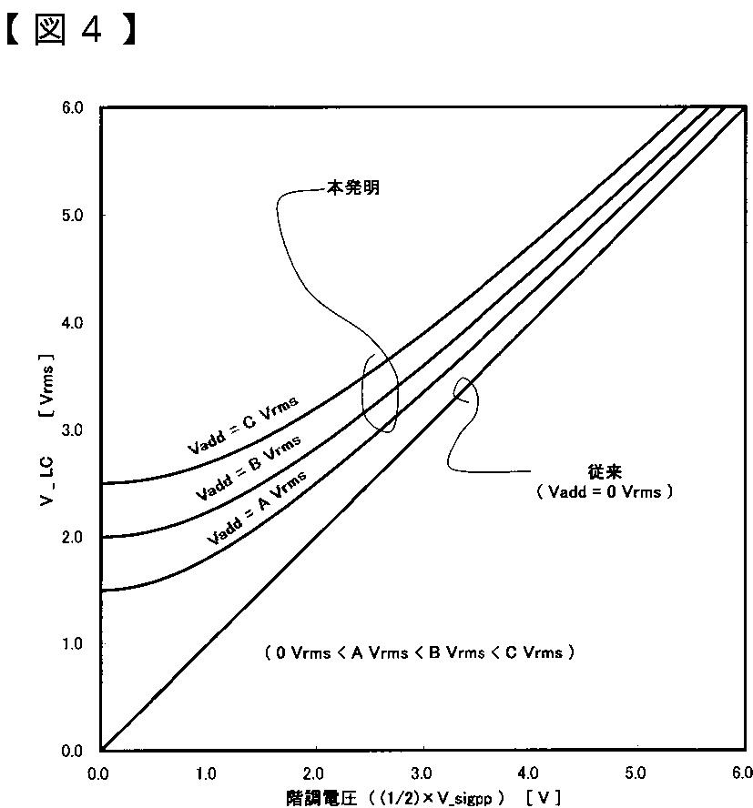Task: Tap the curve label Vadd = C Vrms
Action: pyautogui.click(x=242, y=425)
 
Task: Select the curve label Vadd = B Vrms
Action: pyautogui.click(x=248, y=468)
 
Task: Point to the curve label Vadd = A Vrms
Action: pyautogui.click(x=257, y=508)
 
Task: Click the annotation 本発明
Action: pyautogui.click(x=353, y=187)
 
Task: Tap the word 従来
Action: pyautogui.click(x=605, y=471)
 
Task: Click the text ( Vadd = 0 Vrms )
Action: pyautogui.click(x=605, y=491)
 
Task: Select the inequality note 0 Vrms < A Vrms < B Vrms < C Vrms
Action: pyautogui.click(x=420, y=653)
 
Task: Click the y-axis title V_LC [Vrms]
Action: pyautogui.click(x=47, y=430)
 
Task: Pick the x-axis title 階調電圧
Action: pyautogui.click(x=321, y=799)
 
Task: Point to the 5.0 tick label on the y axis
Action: pyautogui.click(x=72, y=216)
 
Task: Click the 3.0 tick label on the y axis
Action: pyautogui.click(x=72, y=430)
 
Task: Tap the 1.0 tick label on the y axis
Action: pyautogui.click(x=72, y=644)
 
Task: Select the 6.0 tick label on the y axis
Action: pyautogui.click(x=72, y=107)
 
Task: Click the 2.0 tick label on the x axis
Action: pyautogui.click(x=313, y=773)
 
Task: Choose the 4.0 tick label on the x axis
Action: pyautogui.click(x=527, y=773)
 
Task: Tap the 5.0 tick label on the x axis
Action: pyautogui.click(x=635, y=773)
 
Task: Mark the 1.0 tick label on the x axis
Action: pyautogui.click(x=206, y=773)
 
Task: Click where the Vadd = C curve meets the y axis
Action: pyautogui.click(x=101, y=483)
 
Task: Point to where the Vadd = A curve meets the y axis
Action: pyautogui.click(x=101, y=591)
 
